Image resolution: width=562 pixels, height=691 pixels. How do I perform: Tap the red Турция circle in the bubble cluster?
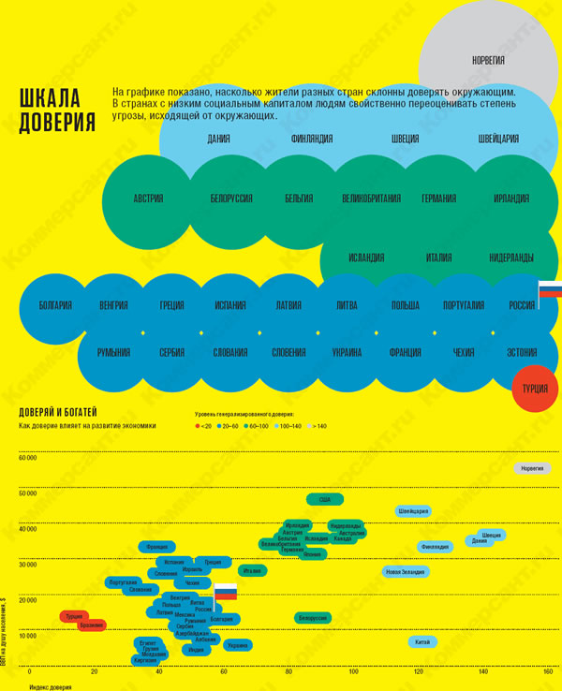pyautogui.click(x=535, y=387)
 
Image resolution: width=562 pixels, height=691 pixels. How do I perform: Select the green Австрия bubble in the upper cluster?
pyautogui.click(x=148, y=198)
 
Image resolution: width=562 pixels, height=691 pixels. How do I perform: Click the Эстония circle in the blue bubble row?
pyautogui.click(x=521, y=353)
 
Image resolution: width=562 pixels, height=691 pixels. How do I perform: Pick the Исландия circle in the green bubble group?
pyautogui.click(x=365, y=257)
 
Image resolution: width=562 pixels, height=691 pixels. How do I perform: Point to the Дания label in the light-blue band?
pyautogui.click(x=219, y=140)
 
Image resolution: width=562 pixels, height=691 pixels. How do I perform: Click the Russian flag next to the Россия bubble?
pyautogui.click(x=549, y=290)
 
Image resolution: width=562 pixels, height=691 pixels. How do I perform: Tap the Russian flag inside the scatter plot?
pyautogui.click(x=225, y=592)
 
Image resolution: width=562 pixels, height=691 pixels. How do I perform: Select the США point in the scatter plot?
pyautogui.click(x=325, y=499)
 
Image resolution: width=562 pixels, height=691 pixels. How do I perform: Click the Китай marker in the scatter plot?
pyautogui.click(x=422, y=641)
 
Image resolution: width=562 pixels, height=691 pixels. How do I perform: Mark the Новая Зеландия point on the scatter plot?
pyautogui.click(x=406, y=572)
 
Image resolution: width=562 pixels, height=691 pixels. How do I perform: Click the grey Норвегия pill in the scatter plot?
pyautogui.click(x=532, y=468)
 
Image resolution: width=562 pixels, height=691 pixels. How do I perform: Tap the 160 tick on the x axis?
pyautogui.click(x=548, y=672)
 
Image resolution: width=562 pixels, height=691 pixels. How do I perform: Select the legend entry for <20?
pyautogui.click(x=203, y=426)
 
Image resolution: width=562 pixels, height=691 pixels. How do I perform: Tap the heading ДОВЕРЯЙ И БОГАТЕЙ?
pyautogui.click(x=58, y=412)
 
